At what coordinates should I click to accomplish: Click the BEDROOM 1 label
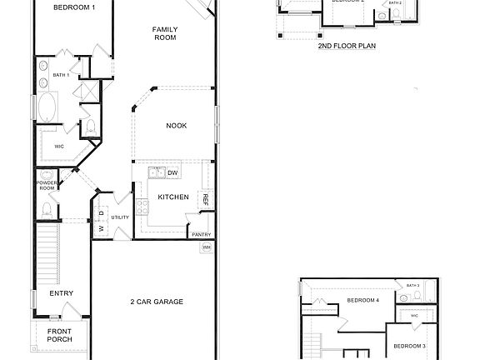coord(74,7)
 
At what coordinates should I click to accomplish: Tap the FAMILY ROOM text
coord(164,33)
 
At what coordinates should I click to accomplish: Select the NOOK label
coord(176,126)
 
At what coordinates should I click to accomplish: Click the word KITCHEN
coord(173,197)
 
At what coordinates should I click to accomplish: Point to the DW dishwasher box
coord(173,172)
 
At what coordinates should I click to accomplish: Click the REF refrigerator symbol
coord(204,200)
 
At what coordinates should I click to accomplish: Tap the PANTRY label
coord(202,234)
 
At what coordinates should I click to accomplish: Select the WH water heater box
coord(206,247)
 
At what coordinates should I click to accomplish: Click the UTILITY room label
coord(120,217)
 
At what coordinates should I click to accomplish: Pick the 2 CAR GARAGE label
coord(156,302)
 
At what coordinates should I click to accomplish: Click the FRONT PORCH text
coord(59,335)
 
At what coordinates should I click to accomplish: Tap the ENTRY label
coord(61,293)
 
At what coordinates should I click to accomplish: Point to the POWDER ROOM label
coord(46,185)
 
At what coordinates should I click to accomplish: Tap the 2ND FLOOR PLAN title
coord(347,47)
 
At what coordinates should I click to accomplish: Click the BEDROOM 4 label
coord(362,300)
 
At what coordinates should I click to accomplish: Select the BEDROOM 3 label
coord(409,346)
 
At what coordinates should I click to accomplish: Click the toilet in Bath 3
coord(403,297)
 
